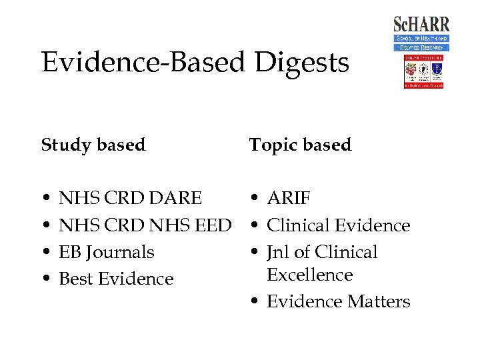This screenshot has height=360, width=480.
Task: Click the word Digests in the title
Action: tap(301, 63)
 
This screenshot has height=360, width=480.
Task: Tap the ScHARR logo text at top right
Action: tap(421, 25)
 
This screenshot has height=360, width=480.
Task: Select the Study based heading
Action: tap(93, 145)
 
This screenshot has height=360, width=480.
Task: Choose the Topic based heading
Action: tap(300, 145)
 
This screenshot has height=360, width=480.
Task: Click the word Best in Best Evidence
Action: tap(76, 279)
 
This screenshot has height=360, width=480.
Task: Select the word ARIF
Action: tap(289, 198)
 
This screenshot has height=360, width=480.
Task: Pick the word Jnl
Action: tap(279, 252)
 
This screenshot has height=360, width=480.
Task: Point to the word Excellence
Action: tap(310, 275)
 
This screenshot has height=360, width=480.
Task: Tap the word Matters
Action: tap(377, 301)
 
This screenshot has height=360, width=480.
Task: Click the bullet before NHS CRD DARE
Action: tap(45, 199)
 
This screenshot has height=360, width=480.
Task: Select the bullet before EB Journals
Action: tap(45, 253)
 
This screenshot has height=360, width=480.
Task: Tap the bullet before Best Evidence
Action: tap(45, 279)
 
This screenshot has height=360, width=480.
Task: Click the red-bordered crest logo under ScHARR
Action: tap(423, 72)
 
